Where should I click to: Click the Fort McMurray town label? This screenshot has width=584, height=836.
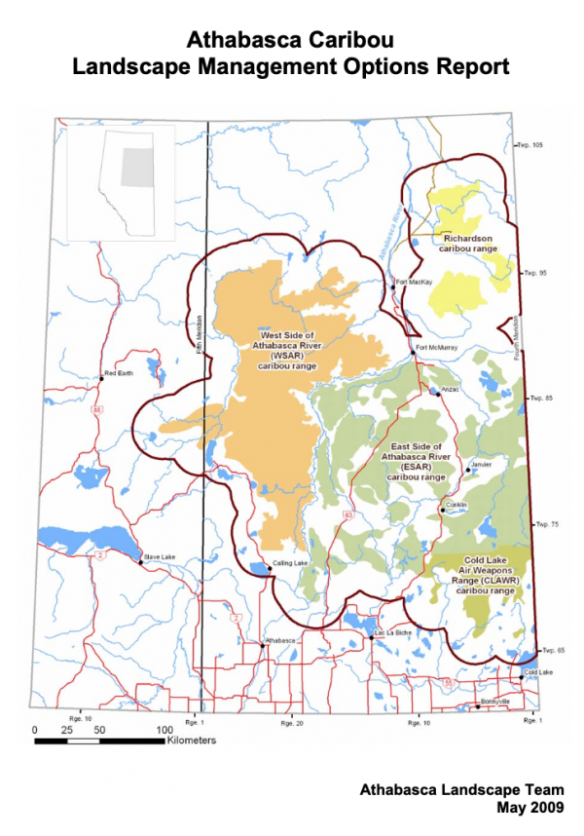click(x=434, y=348)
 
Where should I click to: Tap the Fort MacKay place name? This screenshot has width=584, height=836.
click(x=414, y=283)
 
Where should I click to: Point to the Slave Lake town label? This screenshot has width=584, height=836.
click(x=158, y=556)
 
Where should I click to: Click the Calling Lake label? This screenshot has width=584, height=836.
click(x=290, y=564)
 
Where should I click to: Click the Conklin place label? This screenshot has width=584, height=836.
click(x=456, y=504)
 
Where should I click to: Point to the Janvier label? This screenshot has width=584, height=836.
click(x=484, y=464)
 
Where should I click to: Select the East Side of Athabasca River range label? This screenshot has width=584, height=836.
click(x=417, y=462)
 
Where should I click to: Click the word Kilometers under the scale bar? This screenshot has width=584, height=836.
click(x=191, y=740)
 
